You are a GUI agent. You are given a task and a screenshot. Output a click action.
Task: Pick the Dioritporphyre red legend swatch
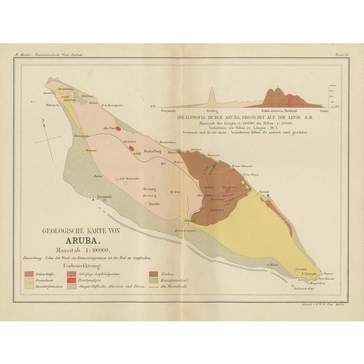pyautogui.click(x=72, y=280)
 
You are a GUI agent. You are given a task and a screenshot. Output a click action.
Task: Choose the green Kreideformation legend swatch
pyautogui.click(x=154, y=280)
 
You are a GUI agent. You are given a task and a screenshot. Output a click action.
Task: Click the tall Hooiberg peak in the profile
pyautogui.click(x=212, y=94)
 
